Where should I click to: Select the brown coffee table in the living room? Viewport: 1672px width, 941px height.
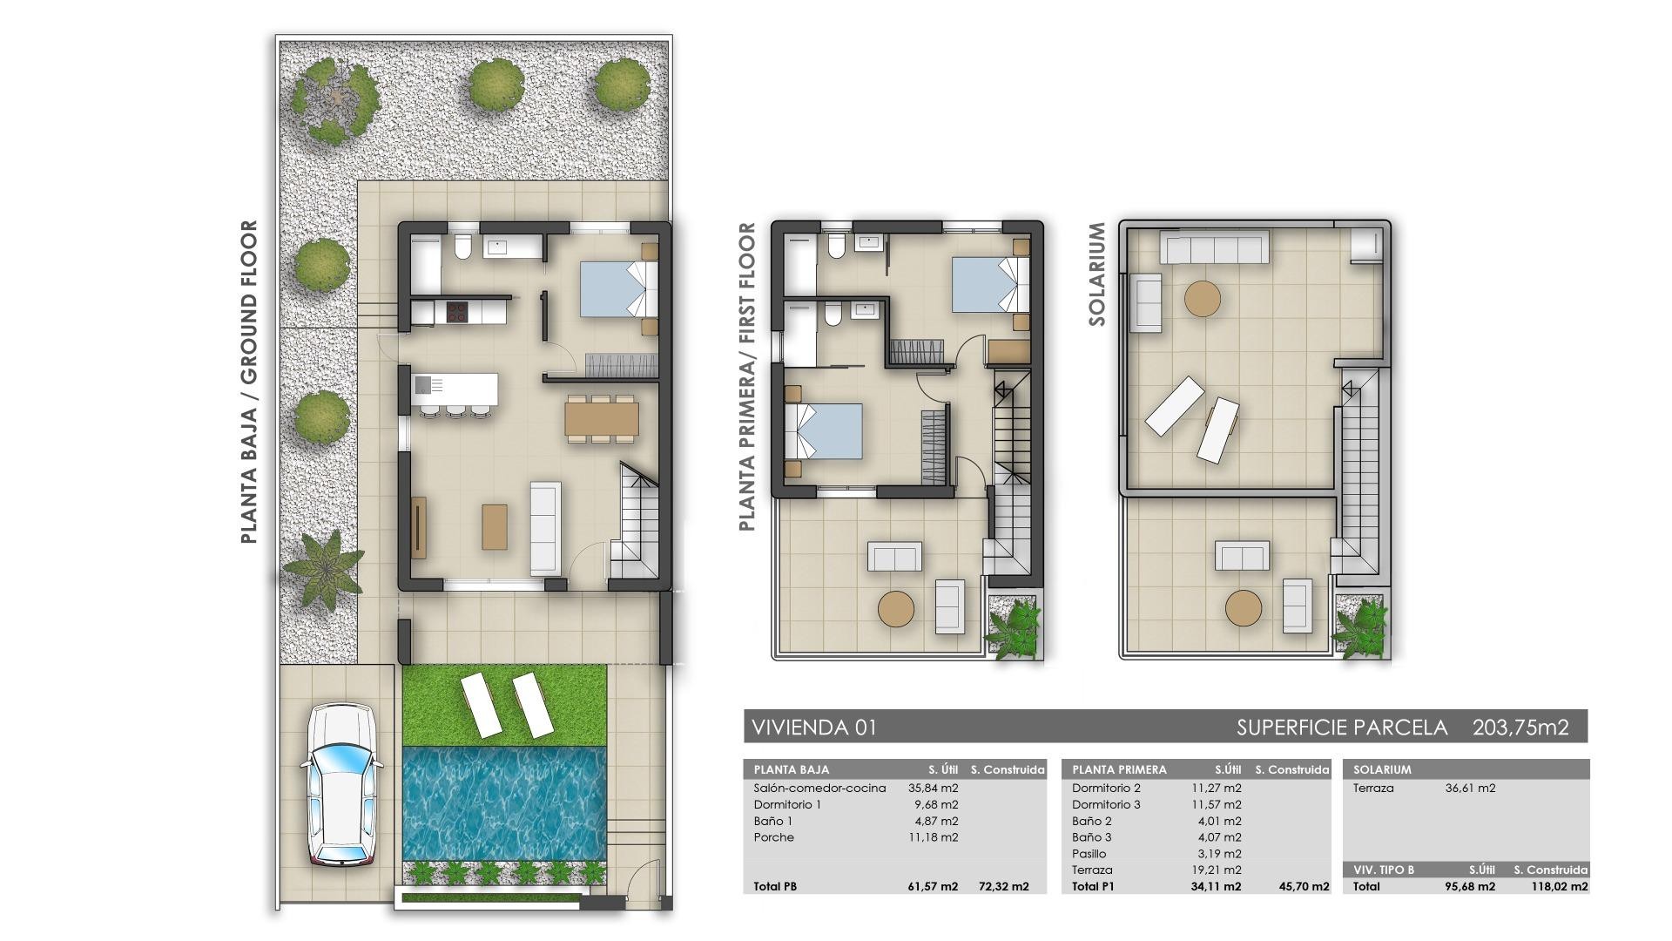(x=495, y=527)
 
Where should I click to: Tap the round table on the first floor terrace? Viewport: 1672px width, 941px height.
(x=896, y=609)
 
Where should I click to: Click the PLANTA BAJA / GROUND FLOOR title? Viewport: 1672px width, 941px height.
(x=249, y=382)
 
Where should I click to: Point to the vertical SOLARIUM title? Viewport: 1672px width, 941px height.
(x=1096, y=274)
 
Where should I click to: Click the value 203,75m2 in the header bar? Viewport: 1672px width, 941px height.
(x=1520, y=728)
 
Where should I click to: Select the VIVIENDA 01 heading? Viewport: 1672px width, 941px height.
(x=814, y=728)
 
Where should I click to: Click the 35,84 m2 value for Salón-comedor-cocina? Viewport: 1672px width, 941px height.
(x=933, y=789)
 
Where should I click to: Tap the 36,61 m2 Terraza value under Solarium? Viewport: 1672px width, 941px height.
(x=1470, y=789)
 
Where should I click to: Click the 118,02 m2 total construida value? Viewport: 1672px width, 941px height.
(x=1559, y=887)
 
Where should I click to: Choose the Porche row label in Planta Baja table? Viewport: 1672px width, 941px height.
(x=774, y=837)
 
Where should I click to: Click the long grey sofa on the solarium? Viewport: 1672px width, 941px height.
(x=1213, y=247)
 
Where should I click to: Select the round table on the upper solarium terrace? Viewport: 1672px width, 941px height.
(x=1203, y=299)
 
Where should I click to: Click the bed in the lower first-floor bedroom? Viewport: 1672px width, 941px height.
(x=825, y=431)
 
